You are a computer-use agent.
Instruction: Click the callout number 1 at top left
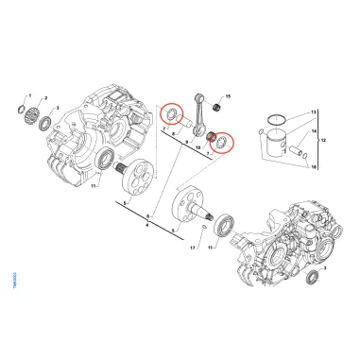point(30,96)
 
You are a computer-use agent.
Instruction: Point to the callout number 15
point(227,97)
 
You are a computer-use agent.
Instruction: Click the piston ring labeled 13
point(271,120)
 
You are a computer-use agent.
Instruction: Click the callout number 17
point(192,249)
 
